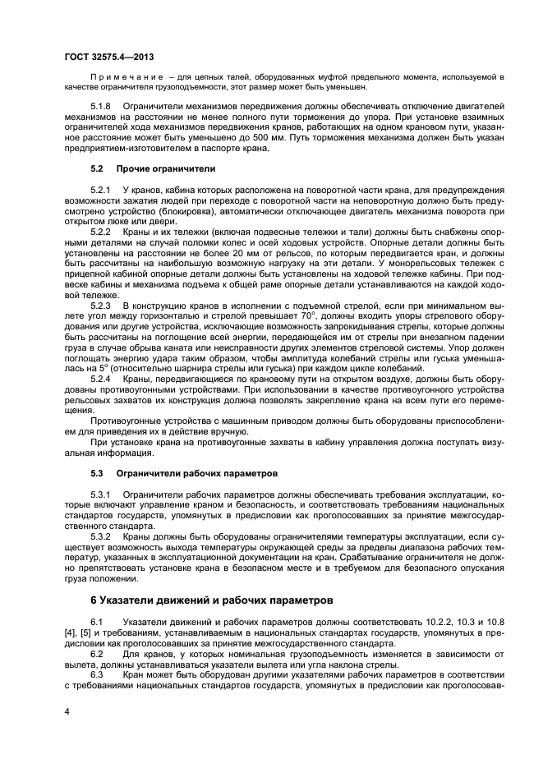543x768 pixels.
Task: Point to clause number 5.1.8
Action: (x=100, y=108)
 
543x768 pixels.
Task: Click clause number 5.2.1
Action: (x=100, y=190)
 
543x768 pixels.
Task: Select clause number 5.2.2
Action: (x=100, y=232)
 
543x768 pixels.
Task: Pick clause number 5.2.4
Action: (x=100, y=379)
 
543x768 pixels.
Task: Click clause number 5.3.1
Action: (x=100, y=495)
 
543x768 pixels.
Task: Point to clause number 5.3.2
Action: (x=100, y=537)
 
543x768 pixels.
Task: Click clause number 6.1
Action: (x=96, y=622)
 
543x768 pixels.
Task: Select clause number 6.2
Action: (x=96, y=654)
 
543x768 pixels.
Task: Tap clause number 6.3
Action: (x=96, y=674)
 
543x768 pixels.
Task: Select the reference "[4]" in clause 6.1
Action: (x=70, y=633)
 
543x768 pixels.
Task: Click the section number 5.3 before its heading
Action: (x=97, y=474)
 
